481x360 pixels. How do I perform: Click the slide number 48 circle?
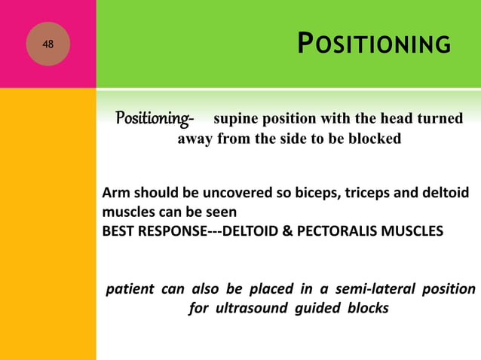pyautogui.click(x=48, y=44)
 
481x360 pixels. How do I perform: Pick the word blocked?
pyautogui.click(x=372, y=139)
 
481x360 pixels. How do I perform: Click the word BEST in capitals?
pyautogui.click(x=119, y=230)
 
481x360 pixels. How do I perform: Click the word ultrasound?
pyautogui.click(x=250, y=309)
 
